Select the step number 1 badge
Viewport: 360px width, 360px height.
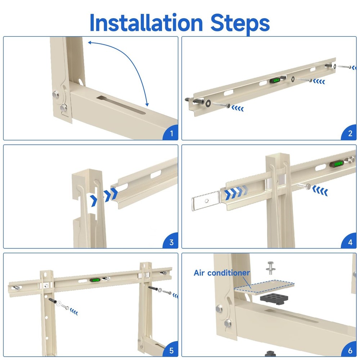click(171, 134)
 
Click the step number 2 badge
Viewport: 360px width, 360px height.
click(350, 134)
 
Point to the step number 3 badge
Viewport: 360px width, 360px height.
click(171, 242)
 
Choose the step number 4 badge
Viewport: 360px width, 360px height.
click(350, 242)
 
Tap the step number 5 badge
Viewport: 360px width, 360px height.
click(171, 350)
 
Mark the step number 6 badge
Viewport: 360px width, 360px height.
click(350, 350)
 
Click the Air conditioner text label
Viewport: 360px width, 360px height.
click(222, 273)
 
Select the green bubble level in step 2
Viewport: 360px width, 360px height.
click(276, 80)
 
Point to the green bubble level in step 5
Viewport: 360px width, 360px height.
click(95, 279)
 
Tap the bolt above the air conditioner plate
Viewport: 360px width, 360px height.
click(270, 268)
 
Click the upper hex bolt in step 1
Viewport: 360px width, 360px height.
click(57, 95)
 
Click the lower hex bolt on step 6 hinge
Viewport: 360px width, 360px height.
click(228, 323)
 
